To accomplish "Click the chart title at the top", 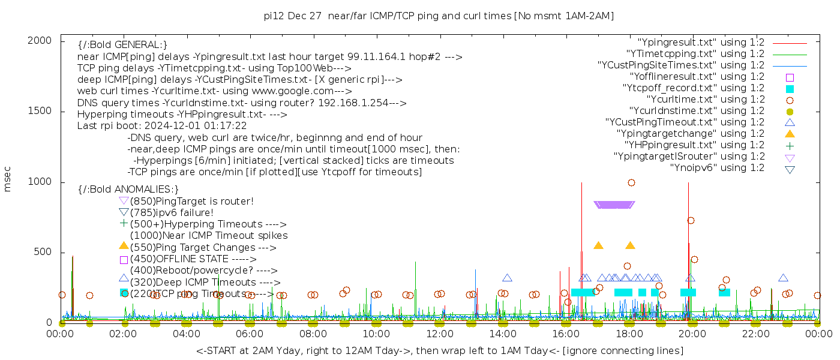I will coord(439,16).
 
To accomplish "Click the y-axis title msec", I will coord(8,179).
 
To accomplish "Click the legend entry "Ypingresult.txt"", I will coord(701,43).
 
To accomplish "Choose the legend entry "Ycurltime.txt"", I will coord(705,100).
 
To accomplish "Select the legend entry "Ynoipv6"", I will coord(717,168).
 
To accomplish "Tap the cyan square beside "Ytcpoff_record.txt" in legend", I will coord(790,89).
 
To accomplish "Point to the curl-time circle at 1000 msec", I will coord(631,182).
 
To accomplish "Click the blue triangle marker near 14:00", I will coord(507,278).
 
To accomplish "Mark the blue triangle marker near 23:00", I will coord(783,278).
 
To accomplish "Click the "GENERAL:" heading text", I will coord(122,45).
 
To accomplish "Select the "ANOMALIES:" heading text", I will coord(128,189).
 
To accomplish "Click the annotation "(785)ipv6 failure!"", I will coord(172,212).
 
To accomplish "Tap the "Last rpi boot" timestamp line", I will coord(162,126).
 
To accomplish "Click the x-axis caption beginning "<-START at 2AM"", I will coord(439,350).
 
